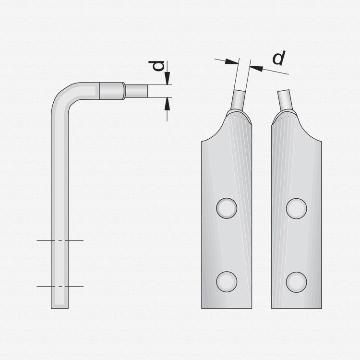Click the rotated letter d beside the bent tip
[x=156, y=66]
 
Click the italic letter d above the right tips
[x=279, y=58]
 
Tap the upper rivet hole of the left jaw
[x=227, y=208]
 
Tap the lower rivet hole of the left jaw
[x=227, y=282]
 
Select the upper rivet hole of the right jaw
[x=296, y=208]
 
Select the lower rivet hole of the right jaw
[x=296, y=282]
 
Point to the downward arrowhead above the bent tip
[x=168, y=78]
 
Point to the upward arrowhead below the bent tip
[x=168, y=104]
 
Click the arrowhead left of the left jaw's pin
[x=232, y=61]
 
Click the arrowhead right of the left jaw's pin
[x=256, y=68]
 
